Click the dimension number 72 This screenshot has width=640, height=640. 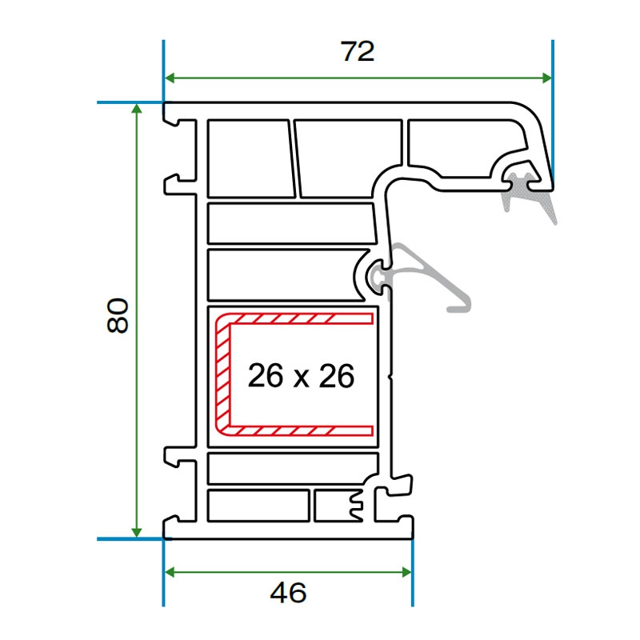358,51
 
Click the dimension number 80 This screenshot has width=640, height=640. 118,315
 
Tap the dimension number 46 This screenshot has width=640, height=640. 288,593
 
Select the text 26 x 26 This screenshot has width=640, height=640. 302,375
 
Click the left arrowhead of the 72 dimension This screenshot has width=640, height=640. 170,78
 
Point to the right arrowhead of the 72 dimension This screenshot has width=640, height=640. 547,78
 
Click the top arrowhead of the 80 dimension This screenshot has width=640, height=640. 137,109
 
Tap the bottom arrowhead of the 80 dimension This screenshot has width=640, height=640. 137,532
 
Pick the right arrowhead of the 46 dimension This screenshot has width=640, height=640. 406,572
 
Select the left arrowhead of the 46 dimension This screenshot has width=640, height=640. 170,572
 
